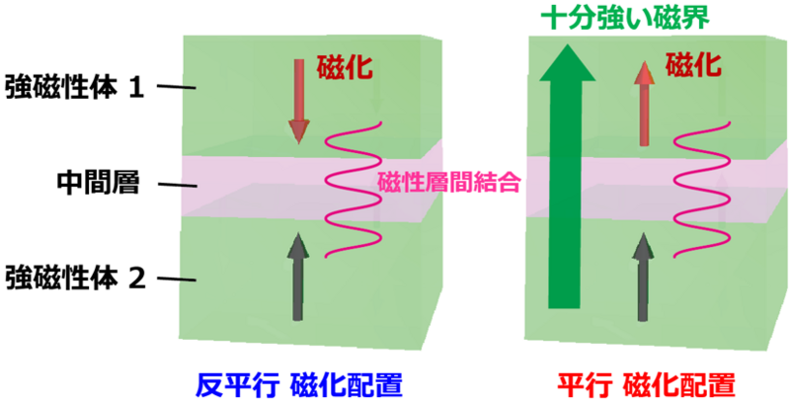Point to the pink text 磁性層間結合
[449, 184]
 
